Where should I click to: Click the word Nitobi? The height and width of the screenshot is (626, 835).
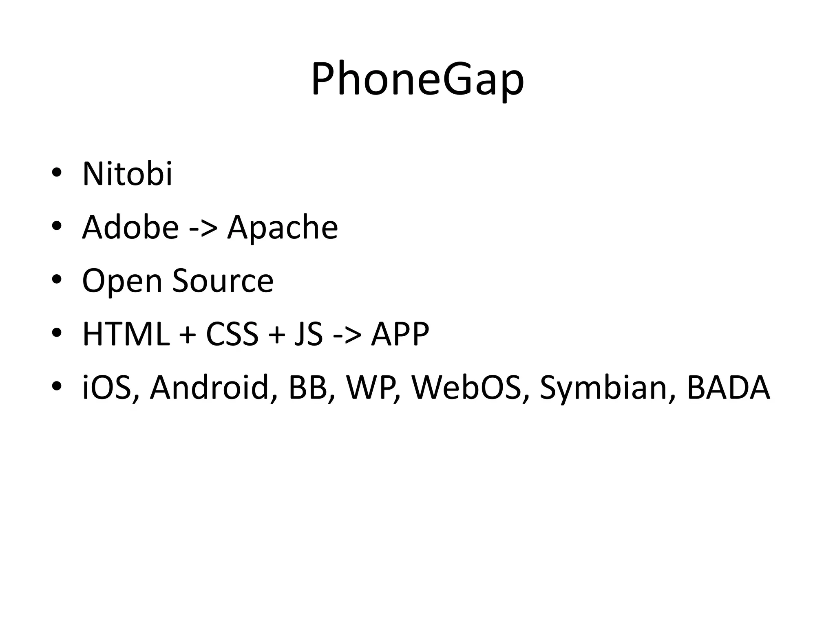[x=127, y=174]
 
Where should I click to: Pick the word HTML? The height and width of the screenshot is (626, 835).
[x=126, y=334]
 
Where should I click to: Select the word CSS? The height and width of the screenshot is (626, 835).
[x=232, y=334]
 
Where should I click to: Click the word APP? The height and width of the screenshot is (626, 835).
[x=400, y=334]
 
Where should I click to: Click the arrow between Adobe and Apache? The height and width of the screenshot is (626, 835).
[x=203, y=228]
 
